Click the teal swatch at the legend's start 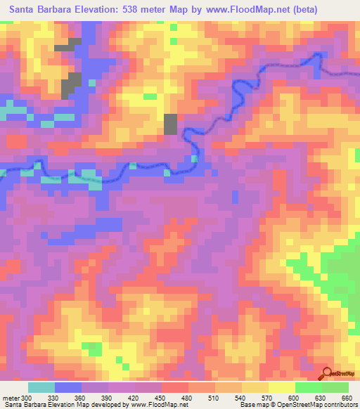coord(41,387)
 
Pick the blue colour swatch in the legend coord(68,387)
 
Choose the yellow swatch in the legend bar coord(282,387)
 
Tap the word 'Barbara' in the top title coord(65,9)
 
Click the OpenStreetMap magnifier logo coord(326,373)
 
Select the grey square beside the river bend coord(170,124)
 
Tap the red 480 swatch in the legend coord(175,387)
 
